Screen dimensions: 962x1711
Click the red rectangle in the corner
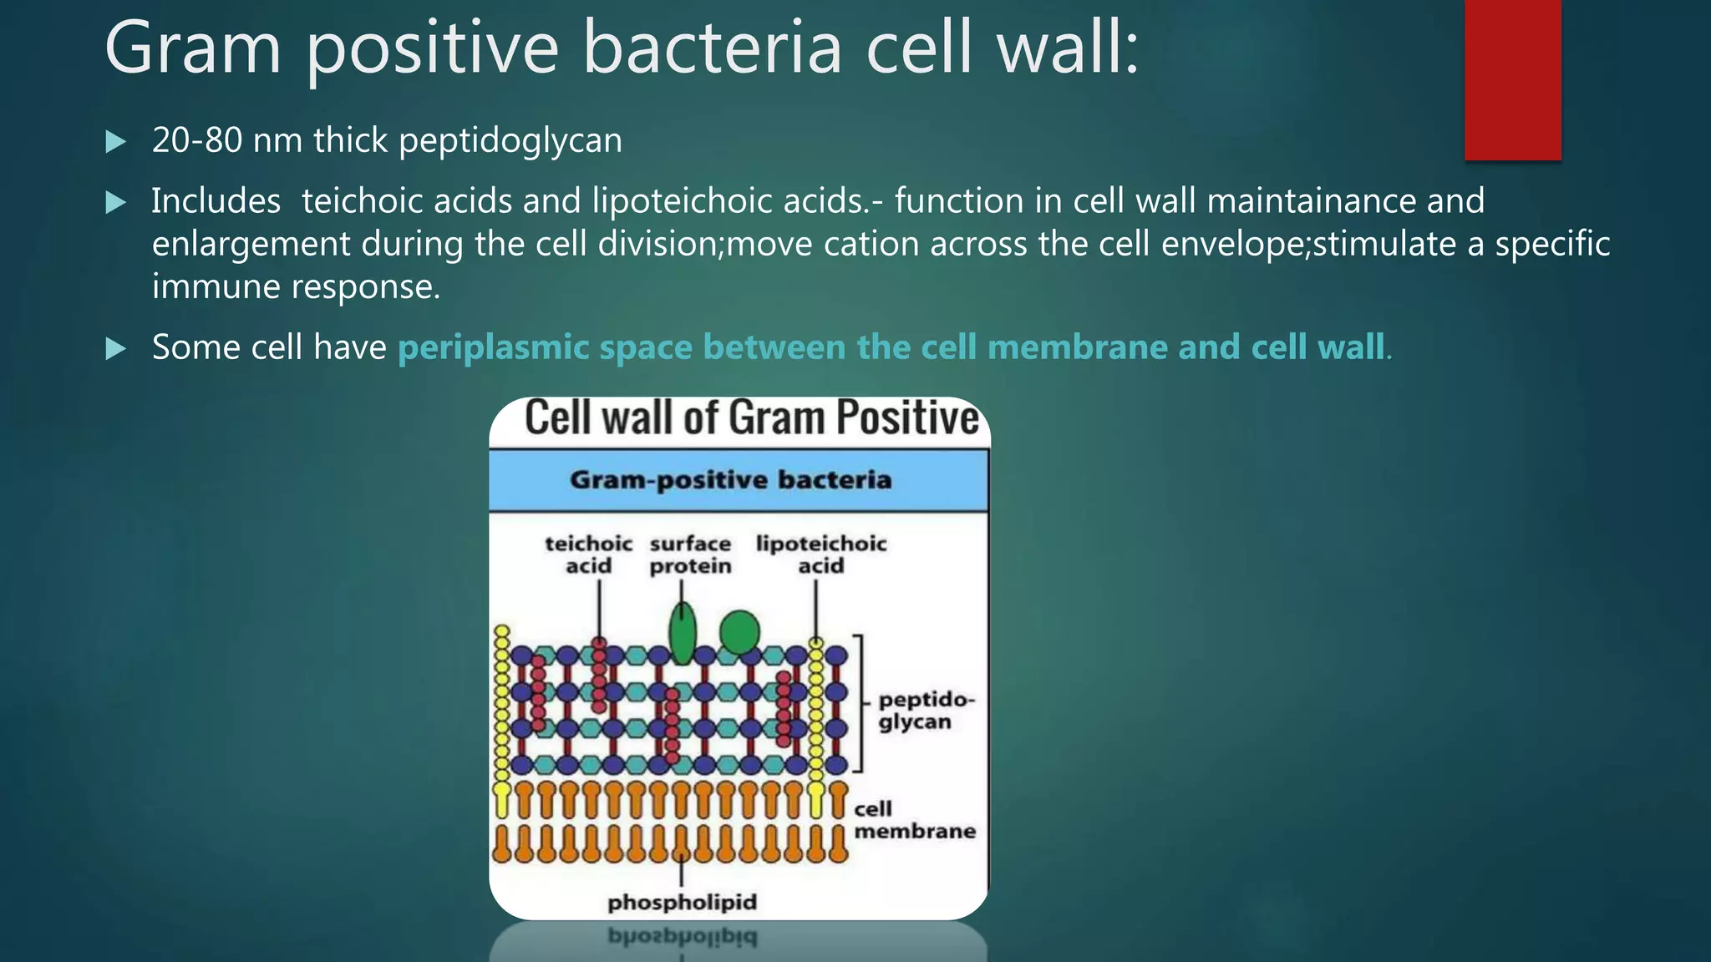[1512, 79]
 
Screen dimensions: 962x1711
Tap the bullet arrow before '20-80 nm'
[116, 142]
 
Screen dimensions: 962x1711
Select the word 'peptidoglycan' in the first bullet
[510, 141]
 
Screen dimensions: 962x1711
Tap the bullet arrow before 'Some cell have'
[116, 348]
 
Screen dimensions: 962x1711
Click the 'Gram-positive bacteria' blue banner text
[730, 480]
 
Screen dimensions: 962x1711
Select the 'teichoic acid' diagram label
[588, 555]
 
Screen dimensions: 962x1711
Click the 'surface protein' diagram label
[690, 555]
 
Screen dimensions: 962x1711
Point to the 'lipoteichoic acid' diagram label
[820, 555]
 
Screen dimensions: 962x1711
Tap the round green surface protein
[739, 632]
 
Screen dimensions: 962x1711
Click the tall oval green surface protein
[683, 635]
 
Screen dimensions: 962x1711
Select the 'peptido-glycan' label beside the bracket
[924, 711]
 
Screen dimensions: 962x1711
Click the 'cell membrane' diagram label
[913, 820]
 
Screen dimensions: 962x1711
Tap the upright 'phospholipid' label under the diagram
[682, 903]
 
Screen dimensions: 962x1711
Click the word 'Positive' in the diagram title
[907, 418]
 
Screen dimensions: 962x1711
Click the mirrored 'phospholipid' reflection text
[682, 937]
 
